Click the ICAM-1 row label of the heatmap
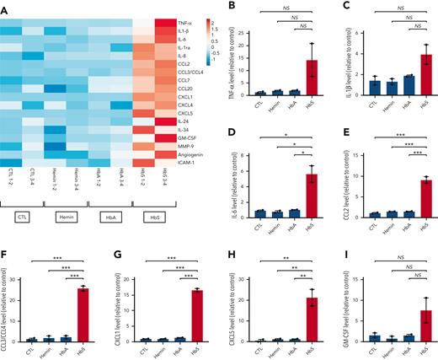(x=187, y=162)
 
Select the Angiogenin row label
(x=190, y=153)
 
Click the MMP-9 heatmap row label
(x=186, y=143)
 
